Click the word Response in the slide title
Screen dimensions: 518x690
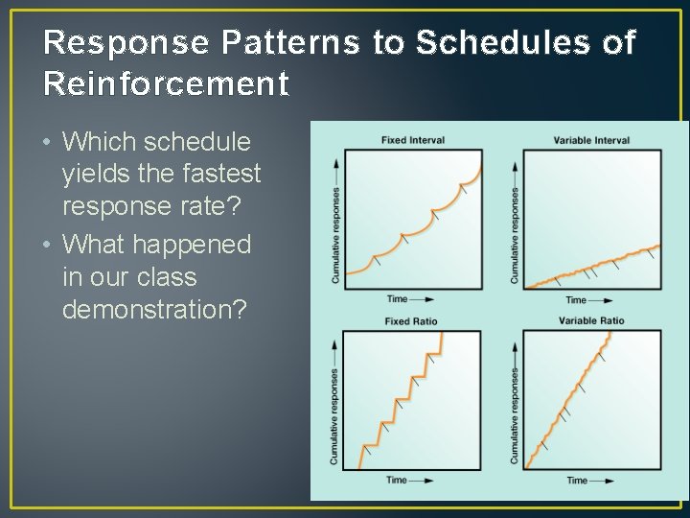pos(127,43)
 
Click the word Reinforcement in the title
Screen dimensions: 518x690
pos(166,84)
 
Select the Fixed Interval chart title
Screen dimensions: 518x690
pos(412,140)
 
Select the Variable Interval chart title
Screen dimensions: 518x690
pos(591,140)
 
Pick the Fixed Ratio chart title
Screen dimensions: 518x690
pos(410,321)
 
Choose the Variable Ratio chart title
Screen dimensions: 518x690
pos(590,320)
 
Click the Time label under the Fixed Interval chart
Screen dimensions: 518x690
pos(397,299)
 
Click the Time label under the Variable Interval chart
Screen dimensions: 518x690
pos(576,300)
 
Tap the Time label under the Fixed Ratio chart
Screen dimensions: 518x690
pos(397,480)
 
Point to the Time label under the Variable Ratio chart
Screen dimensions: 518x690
pos(577,480)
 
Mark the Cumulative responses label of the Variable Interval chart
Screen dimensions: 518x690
pos(515,235)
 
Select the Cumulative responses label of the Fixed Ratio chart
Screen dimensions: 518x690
pos(333,416)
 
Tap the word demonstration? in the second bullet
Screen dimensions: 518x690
pos(154,310)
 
